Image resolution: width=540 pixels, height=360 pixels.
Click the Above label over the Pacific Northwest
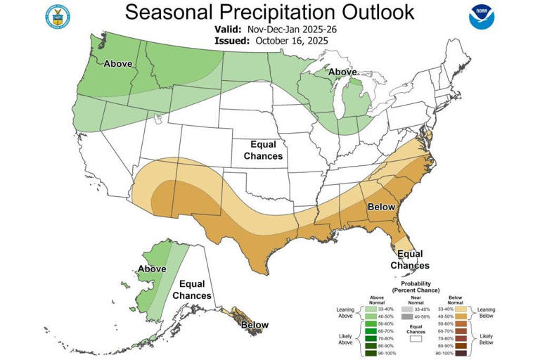pyautogui.click(x=118, y=63)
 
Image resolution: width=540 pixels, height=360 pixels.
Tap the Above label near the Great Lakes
pyautogui.click(x=342, y=72)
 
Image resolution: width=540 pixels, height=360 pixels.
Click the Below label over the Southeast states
pyautogui.click(x=382, y=208)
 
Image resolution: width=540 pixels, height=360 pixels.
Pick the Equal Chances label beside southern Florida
pyautogui.click(x=410, y=259)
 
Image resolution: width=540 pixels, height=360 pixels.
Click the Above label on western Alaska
pyautogui.click(x=152, y=269)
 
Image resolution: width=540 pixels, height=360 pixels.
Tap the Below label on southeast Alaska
pyautogui.click(x=255, y=325)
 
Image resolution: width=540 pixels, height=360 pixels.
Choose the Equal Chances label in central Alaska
pyautogui.click(x=192, y=290)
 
